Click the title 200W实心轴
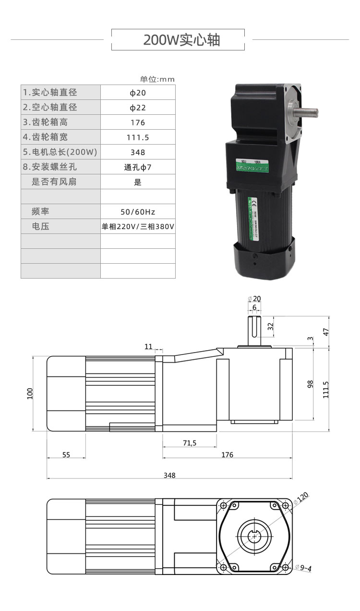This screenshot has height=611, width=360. coord(181,40)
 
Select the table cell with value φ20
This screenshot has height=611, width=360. coord(138,93)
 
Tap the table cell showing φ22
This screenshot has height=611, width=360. coord(138,108)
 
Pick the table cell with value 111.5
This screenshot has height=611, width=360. coord(138,137)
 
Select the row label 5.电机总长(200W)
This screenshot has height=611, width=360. coord(60,152)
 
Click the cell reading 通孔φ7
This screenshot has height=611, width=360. coord(138,168)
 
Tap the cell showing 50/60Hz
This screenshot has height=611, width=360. coord(138,212)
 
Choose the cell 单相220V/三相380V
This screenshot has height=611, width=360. coord(138,227)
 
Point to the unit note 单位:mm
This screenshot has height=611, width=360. coord(157,79)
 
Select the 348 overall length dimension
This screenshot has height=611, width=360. coord(169,476)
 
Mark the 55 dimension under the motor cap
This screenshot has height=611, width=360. coord(66,454)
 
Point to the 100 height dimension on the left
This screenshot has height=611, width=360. coord(29,393)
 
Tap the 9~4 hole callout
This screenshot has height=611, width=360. coord(303,568)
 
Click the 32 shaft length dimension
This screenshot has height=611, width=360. coord(270,326)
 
